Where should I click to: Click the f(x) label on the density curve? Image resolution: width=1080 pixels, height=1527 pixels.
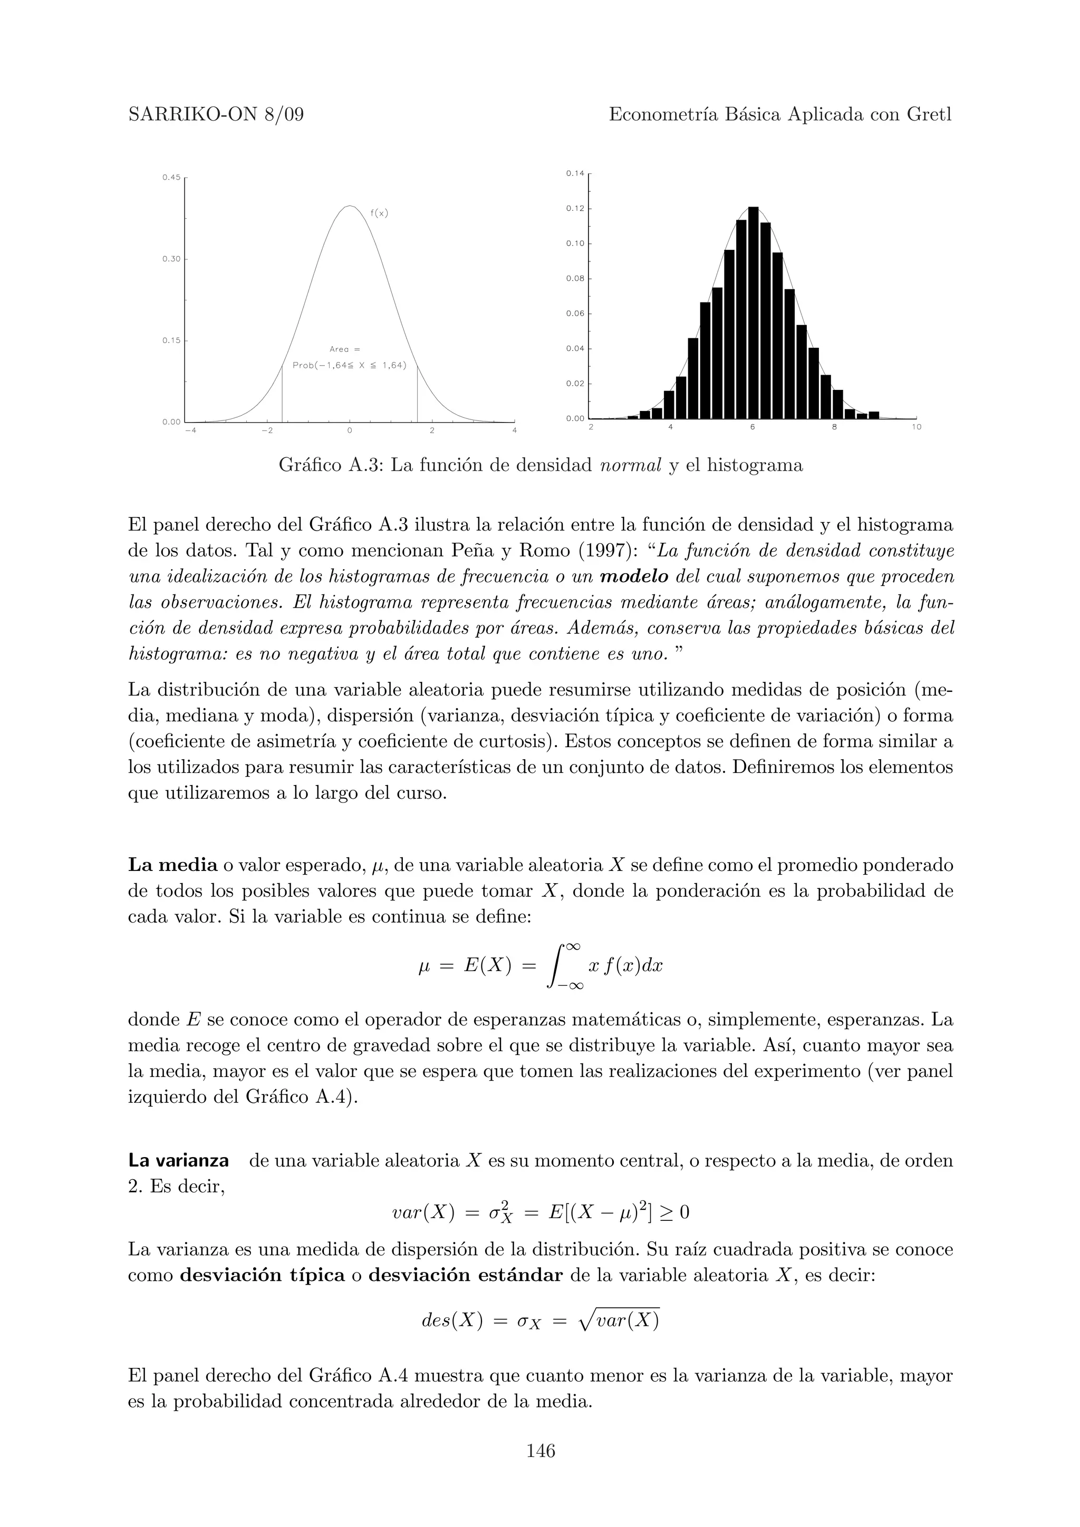pos(379,213)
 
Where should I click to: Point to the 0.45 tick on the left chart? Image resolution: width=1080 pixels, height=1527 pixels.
pos(171,178)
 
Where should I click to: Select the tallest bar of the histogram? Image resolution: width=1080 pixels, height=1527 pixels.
pos(753,312)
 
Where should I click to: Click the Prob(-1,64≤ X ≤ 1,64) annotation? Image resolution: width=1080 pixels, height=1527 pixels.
pos(349,366)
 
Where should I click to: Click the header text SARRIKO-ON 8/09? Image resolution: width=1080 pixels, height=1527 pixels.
pos(216,115)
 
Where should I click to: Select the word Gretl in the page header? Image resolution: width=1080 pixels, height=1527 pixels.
pos(929,115)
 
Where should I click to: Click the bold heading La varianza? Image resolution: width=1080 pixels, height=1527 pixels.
pos(178,1161)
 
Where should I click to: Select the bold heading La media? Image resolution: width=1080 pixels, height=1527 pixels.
pos(172,865)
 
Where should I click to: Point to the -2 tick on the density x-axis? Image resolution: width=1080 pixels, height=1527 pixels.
pos(267,430)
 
